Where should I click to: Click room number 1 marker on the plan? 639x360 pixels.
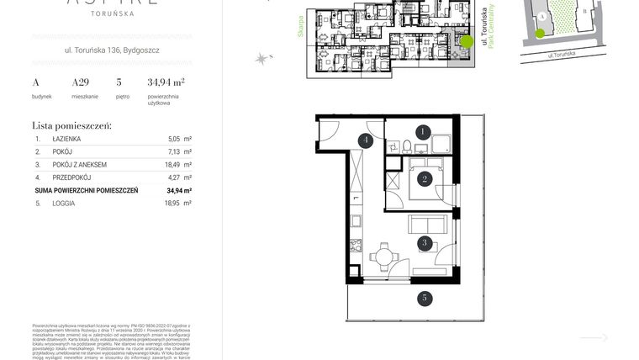pos(424,131)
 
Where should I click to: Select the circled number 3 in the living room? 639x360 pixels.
pos(425,243)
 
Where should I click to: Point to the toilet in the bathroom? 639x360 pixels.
pos(407,146)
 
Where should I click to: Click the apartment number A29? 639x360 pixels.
pos(80,82)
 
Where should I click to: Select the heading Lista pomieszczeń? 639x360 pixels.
pos(71,124)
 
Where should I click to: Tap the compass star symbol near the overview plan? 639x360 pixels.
pos(262,58)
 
